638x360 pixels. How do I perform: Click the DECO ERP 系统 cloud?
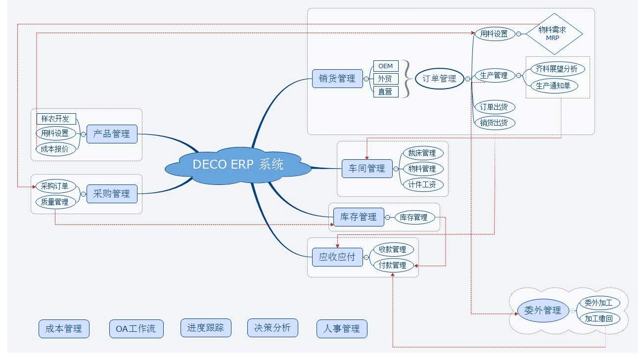[x=238, y=165]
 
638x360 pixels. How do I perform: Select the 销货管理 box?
[x=337, y=79]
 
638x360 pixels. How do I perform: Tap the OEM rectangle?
[x=385, y=66]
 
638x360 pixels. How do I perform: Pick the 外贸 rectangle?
[x=385, y=79]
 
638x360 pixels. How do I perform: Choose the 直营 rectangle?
[x=385, y=91]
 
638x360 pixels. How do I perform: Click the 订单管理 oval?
[x=440, y=79]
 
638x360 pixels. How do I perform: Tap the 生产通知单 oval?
[x=554, y=86]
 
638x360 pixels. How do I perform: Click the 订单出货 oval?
[x=494, y=107]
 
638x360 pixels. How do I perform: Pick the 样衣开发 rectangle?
[x=56, y=119]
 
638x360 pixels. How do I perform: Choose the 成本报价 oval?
[x=55, y=149]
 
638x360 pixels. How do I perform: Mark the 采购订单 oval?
[x=55, y=186]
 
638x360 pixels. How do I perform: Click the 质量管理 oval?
[x=55, y=202]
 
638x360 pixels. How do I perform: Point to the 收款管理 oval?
[x=393, y=249]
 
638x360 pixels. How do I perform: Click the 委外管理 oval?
[x=543, y=311]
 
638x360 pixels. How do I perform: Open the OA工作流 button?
[x=136, y=328]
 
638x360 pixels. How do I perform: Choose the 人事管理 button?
[x=342, y=328]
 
